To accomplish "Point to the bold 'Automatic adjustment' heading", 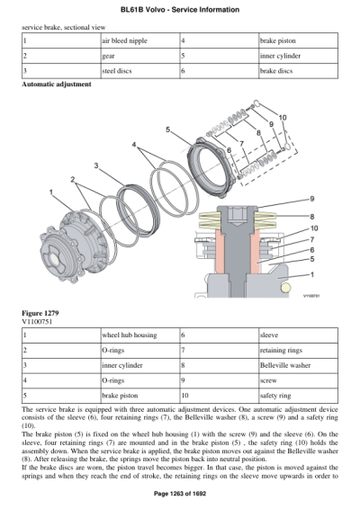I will (56, 84).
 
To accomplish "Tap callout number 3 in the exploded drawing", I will (96, 165).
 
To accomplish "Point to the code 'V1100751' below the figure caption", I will (39, 319).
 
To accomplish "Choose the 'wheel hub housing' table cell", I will (127, 335).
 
